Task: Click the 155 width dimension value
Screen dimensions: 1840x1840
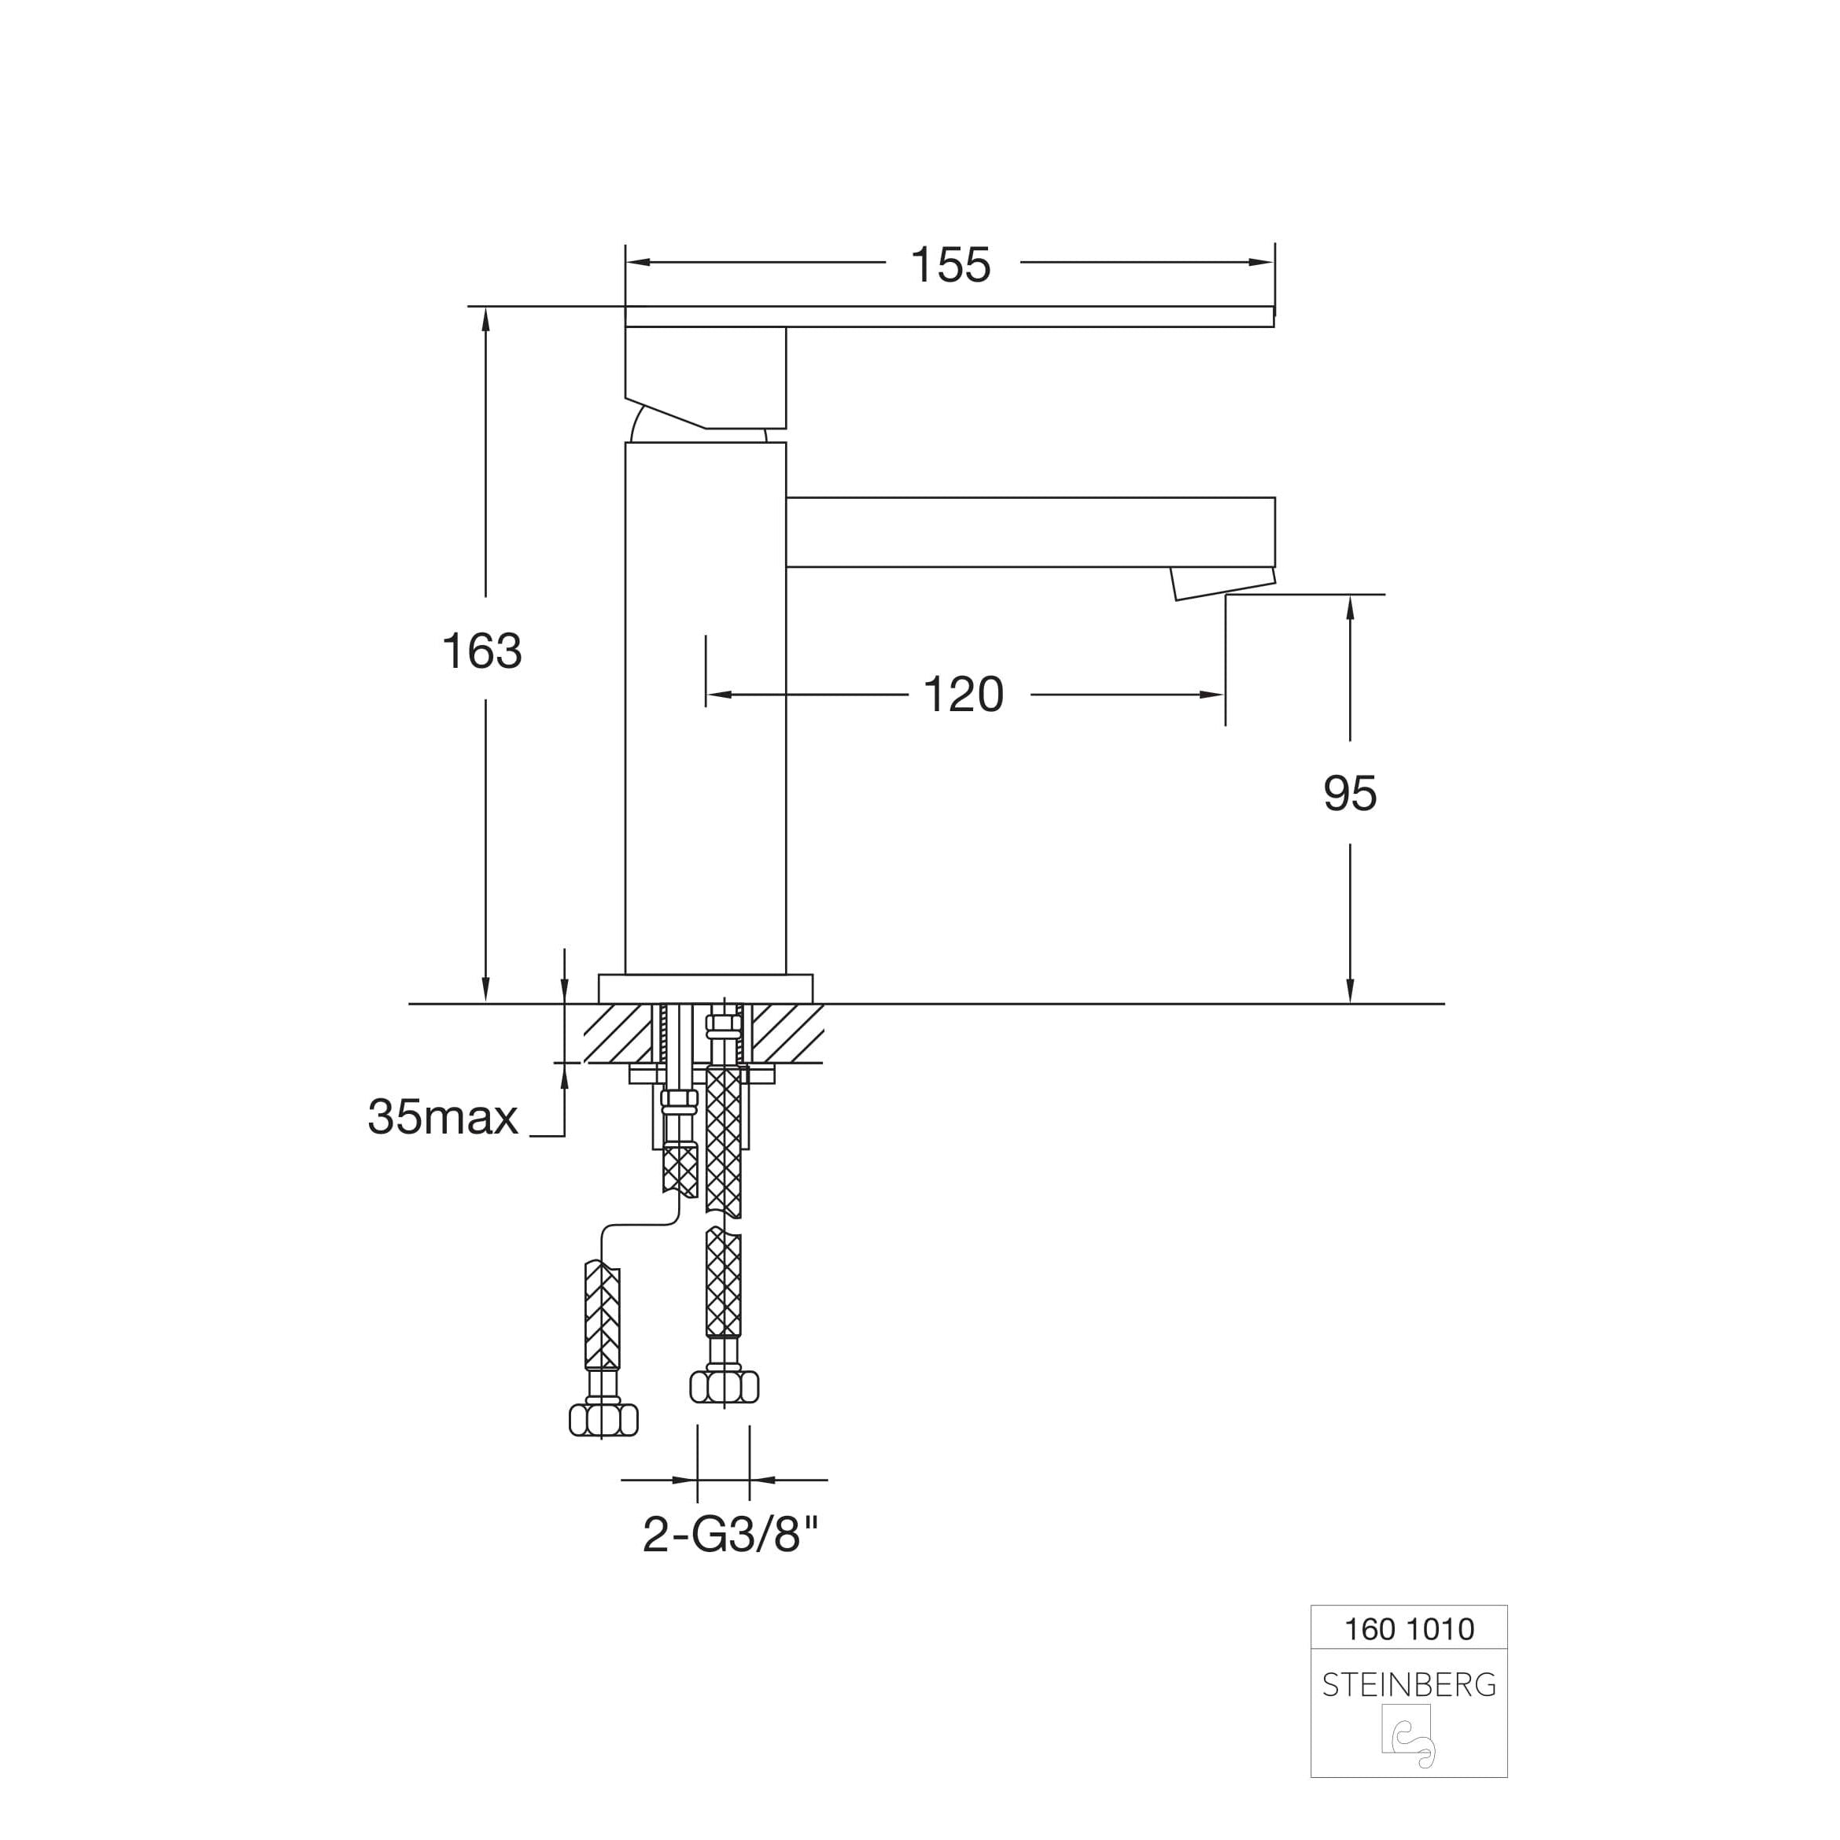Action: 950,265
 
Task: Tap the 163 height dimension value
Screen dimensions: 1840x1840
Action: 482,651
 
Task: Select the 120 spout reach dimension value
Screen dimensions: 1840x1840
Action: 964,695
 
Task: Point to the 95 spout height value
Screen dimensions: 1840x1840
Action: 1350,793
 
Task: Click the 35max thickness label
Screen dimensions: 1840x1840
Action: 443,1117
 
